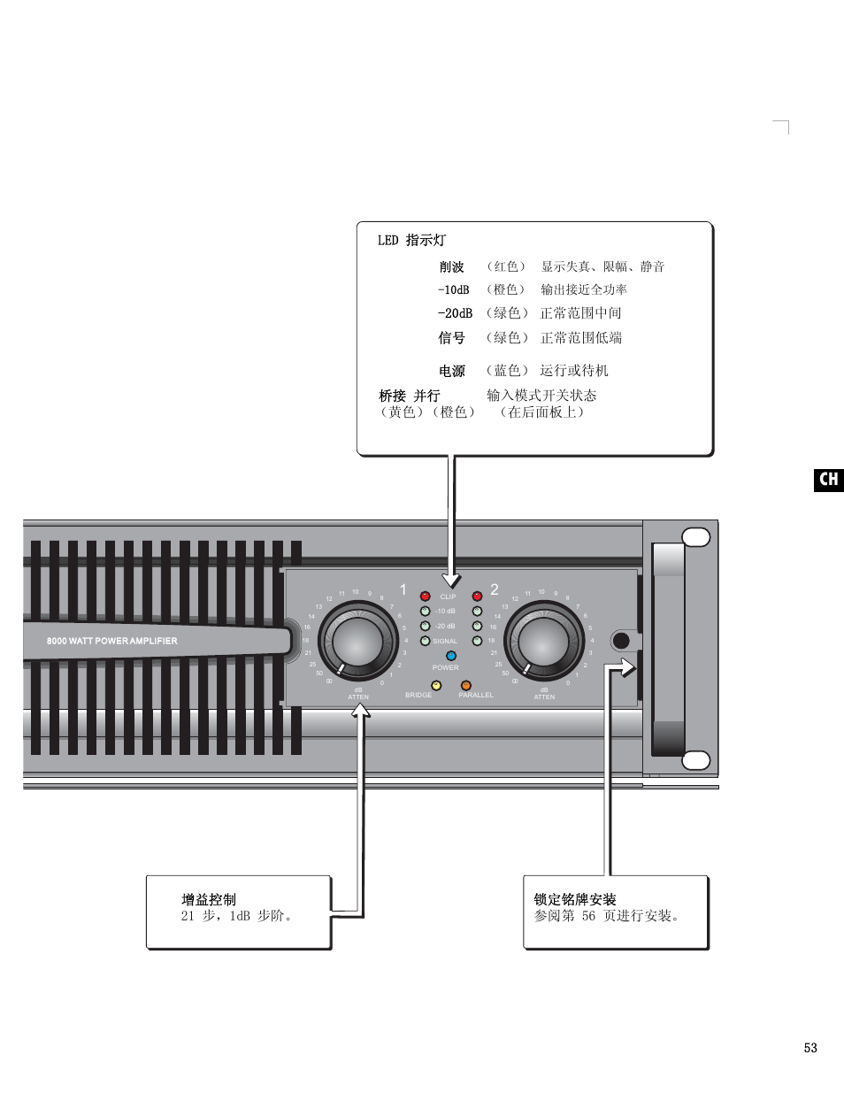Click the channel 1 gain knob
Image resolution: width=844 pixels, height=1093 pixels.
point(358,640)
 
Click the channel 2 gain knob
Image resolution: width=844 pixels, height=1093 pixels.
point(543,640)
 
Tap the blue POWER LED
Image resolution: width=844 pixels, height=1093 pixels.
point(451,656)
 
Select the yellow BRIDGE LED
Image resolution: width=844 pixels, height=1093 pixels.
point(436,685)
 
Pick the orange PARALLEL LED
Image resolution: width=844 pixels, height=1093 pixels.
point(466,685)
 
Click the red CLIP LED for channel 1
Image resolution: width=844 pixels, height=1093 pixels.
point(426,597)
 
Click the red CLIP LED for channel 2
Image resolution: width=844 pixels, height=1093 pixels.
point(477,597)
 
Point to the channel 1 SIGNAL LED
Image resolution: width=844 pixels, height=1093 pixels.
point(426,641)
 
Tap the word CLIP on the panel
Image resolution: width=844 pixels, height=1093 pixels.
point(449,597)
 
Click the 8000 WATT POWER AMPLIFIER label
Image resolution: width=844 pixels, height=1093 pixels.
point(112,641)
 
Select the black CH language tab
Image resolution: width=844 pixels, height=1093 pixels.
point(829,480)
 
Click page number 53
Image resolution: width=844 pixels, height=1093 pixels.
point(810,1048)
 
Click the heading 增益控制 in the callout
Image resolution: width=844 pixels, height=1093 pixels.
point(209,899)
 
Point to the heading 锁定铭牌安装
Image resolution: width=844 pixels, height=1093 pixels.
point(575,899)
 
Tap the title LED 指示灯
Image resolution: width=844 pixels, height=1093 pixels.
point(412,241)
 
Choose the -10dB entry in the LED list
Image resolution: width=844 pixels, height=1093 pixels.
point(454,290)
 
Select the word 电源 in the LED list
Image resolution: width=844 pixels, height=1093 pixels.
point(452,371)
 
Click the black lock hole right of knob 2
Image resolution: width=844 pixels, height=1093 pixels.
point(621,641)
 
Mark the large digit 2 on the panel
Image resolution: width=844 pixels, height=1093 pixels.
point(495,589)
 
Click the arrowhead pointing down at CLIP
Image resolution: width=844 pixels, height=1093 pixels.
point(452,581)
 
